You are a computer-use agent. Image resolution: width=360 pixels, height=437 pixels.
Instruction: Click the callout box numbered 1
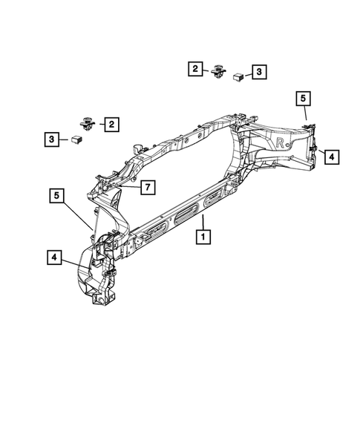pyautogui.click(x=203, y=237)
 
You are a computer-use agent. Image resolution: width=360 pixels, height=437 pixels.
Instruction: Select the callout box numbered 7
pyautogui.click(x=148, y=187)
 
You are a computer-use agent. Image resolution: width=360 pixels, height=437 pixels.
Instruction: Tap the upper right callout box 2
pyautogui.click(x=195, y=68)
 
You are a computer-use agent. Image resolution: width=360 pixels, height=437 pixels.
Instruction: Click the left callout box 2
pyautogui.click(x=111, y=125)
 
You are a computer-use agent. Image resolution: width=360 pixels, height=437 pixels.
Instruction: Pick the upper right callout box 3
pyautogui.click(x=259, y=72)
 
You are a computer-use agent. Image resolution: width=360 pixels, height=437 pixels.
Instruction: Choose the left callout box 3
pyautogui.click(x=52, y=139)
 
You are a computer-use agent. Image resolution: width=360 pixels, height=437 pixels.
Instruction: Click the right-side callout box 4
pyautogui.click(x=332, y=157)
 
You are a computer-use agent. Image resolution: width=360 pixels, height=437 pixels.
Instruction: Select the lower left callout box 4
pyautogui.click(x=54, y=257)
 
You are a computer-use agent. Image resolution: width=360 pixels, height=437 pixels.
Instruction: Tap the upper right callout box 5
pyautogui.click(x=303, y=99)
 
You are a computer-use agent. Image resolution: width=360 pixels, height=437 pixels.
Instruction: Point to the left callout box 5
pyautogui.click(x=56, y=196)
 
